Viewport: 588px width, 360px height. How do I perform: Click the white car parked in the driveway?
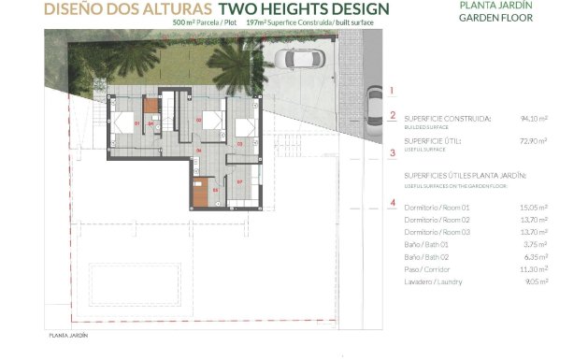click(297, 60)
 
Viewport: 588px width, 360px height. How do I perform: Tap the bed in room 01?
click(123, 122)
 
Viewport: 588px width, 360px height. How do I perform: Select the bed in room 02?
click(213, 122)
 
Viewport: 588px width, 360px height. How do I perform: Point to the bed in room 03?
click(245, 130)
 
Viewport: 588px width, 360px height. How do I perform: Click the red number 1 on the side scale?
click(393, 91)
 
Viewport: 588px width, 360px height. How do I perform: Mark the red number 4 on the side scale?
click(393, 202)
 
